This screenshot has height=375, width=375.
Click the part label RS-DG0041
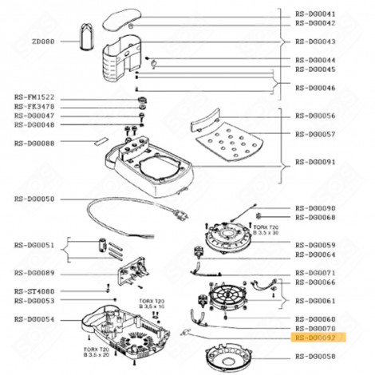(x=315, y=14)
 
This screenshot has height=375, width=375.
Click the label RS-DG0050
(x=34, y=198)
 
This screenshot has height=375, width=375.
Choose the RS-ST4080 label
(x=34, y=291)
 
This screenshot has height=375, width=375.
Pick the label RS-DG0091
(x=315, y=161)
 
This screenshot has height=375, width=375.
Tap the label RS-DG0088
(x=34, y=143)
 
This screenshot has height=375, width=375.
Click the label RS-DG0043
(x=315, y=41)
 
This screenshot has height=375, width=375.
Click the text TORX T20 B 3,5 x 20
(x=97, y=352)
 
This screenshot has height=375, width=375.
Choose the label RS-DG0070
(x=315, y=328)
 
